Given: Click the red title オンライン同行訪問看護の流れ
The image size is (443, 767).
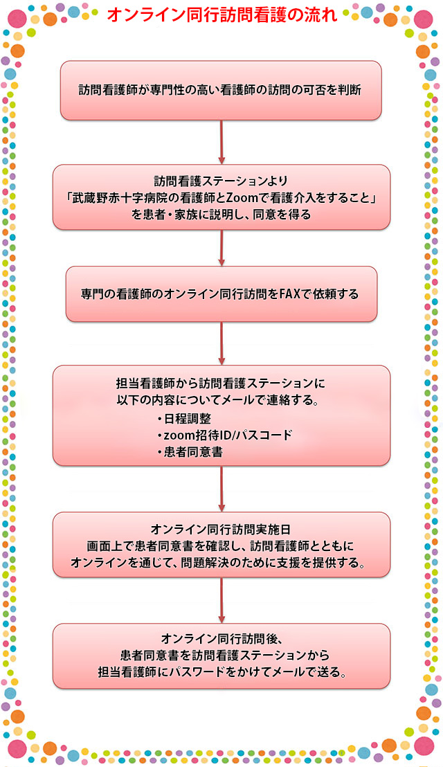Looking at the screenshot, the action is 221,15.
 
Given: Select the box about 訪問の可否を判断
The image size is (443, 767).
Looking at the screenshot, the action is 221,91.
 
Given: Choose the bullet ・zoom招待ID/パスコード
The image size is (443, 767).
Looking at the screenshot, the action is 224,435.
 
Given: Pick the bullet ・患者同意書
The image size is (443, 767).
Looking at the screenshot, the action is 190,452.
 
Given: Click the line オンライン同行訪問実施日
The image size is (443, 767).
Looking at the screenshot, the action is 221,530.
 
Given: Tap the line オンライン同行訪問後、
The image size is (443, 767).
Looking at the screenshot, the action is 221,638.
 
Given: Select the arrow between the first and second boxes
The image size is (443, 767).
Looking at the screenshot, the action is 221,142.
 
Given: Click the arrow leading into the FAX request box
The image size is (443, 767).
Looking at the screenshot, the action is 221,248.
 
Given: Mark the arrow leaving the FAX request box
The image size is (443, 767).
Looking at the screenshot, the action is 221,343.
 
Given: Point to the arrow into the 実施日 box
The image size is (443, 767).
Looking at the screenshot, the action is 221,489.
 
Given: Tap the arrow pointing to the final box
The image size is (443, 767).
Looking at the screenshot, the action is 221,600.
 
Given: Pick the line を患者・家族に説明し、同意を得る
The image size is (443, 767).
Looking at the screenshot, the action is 221,215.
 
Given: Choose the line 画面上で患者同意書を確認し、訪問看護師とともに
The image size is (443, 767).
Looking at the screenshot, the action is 221,545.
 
